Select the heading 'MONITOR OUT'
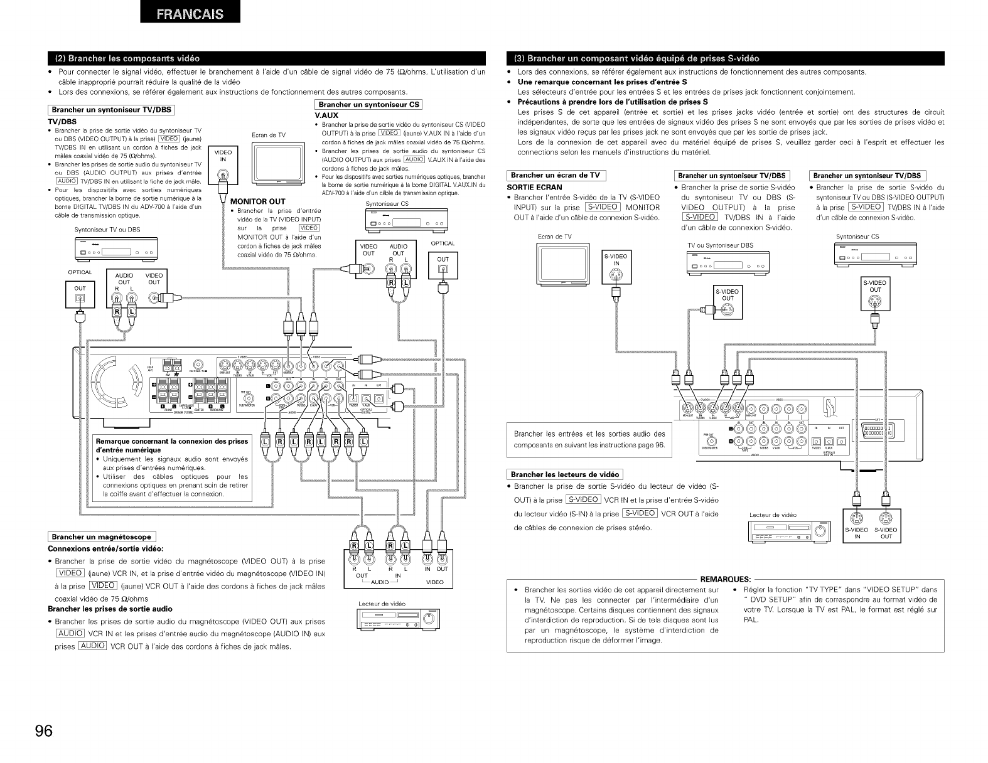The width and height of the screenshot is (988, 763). point(258,201)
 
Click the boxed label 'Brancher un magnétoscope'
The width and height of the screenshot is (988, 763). point(102,536)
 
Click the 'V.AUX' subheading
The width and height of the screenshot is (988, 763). point(326,115)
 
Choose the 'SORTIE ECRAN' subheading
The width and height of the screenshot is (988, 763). point(534,187)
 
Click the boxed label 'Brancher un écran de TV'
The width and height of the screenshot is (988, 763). point(556,175)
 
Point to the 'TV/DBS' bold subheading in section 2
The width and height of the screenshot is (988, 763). point(62,121)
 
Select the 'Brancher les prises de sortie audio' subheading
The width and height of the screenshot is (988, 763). point(110,609)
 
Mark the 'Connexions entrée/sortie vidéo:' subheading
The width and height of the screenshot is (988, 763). point(106,548)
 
